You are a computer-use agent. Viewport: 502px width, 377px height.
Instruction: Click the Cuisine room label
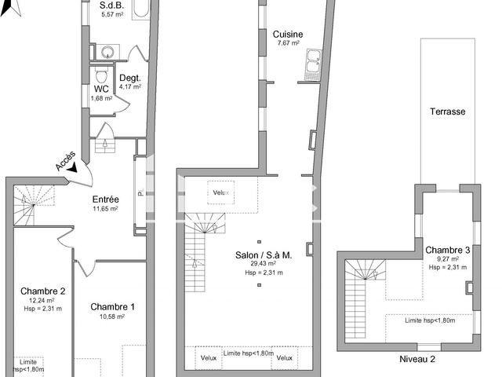(x=288, y=34)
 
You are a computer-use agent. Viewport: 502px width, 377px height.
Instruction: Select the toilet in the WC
(x=100, y=75)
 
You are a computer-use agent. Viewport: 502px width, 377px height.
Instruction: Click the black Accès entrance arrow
(x=74, y=167)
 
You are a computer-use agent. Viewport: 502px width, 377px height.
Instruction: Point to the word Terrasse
(x=447, y=112)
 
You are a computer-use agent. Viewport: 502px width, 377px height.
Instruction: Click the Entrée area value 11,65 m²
(x=105, y=209)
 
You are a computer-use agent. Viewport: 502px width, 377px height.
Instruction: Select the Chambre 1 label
(x=112, y=306)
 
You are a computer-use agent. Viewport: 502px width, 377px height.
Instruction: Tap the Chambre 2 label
(x=42, y=290)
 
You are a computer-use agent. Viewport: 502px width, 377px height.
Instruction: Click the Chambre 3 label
(x=448, y=250)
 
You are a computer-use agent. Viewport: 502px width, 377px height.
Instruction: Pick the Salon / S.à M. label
(x=264, y=254)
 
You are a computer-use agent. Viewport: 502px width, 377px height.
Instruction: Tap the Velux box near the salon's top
(x=220, y=192)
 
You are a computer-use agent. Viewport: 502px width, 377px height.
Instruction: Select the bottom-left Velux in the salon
(x=208, y=357)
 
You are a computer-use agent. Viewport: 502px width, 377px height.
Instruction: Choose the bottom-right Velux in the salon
(x=284, y=357)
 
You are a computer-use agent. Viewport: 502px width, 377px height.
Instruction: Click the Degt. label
(x=129, y=77)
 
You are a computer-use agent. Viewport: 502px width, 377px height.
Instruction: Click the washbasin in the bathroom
(x=107, y=52)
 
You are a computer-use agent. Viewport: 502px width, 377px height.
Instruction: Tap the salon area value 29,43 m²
(x=264, y=264)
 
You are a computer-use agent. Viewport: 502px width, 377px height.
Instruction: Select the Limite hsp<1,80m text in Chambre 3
(x=430, y=320)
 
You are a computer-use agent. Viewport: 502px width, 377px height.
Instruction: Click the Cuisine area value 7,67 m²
(x=288, y=43)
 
